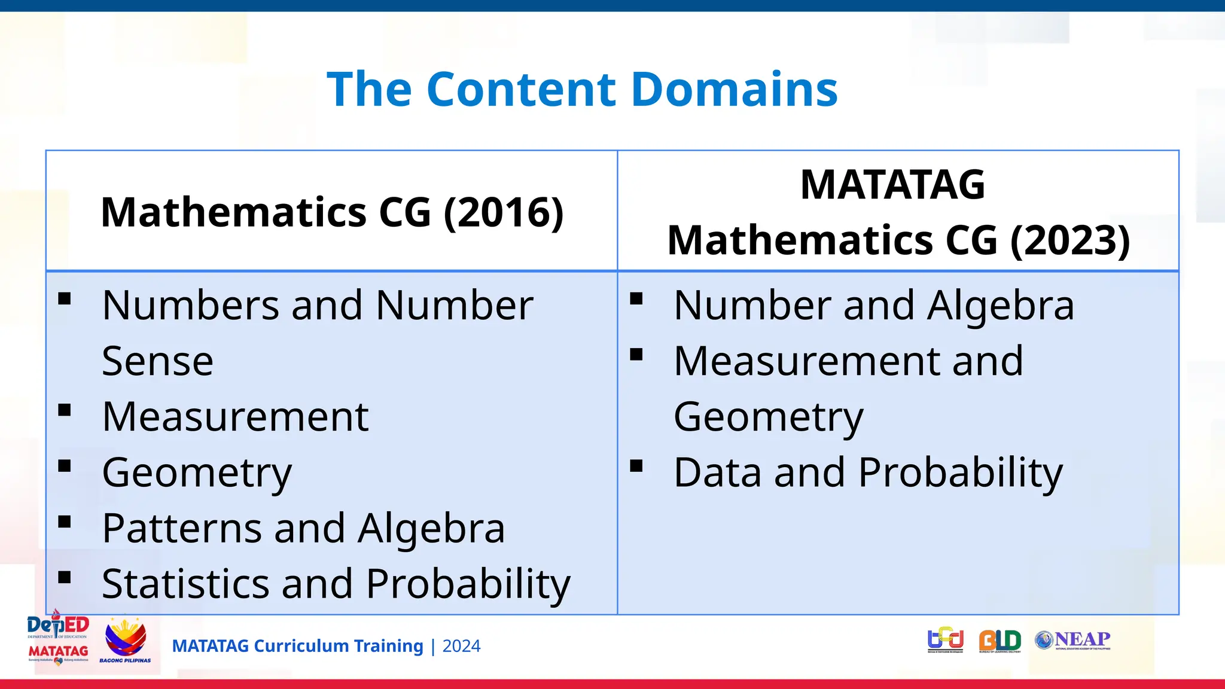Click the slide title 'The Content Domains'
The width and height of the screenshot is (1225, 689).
click(x=582, y=89)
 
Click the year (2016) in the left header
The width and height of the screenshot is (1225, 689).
click(x=504, y=212)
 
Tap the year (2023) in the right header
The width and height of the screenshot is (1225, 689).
click(x=1070, y=240)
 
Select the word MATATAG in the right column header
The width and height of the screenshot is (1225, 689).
click(x=892, y=185)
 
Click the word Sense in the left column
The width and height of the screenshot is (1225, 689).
click(x=157, y=361)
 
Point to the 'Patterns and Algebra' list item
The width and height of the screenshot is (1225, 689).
click(x=303, y=528)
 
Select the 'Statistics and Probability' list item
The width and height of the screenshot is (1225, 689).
click(x=336, y=584)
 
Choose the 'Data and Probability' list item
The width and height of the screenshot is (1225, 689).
click(x=868, y=472)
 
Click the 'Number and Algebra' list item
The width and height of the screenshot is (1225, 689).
click(x=873, y=306)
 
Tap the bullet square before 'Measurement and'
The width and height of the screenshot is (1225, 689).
click(x=636, y=355)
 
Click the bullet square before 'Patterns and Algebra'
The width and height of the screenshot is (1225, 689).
click(x=65, y=522)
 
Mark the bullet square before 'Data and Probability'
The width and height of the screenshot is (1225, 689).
click(x=636, y=466)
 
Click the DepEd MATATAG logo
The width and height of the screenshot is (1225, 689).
click(x=58, y=638)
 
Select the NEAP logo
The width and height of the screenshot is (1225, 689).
click(x=1072, y=640)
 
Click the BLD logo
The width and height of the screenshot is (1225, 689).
click(x=999, y=641)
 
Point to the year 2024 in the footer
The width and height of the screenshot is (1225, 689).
click(x=461, y=646)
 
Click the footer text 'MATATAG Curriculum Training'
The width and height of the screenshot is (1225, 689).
click(x=297, y=646)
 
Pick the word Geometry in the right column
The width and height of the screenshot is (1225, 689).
click(x=769, y=417)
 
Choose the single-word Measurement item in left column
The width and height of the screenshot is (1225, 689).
click(x=235, y=417)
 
